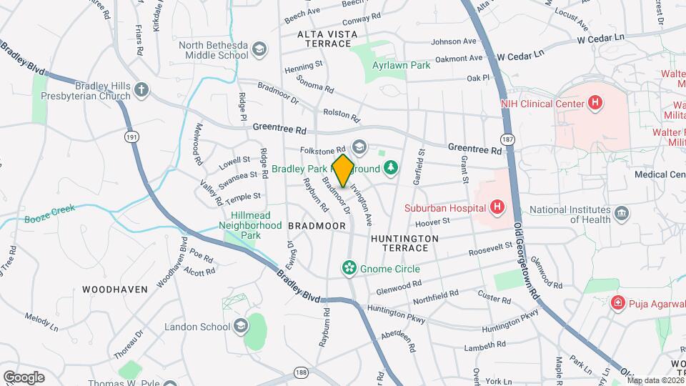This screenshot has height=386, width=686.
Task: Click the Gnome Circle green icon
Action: (x=349, y=269)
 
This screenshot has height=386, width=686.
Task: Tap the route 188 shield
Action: (x=302, y=373)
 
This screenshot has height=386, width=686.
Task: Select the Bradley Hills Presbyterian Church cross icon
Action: (x=142, y=90)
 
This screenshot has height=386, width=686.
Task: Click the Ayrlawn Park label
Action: (x=401, y=65)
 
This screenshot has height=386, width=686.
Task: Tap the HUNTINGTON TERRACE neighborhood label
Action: (x=400, y=242)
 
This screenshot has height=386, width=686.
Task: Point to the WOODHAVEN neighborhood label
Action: (x=114, y=289)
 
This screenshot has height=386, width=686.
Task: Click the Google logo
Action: (x=24, y=377)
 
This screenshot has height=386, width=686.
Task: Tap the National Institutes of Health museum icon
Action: (x=621, y=212)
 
